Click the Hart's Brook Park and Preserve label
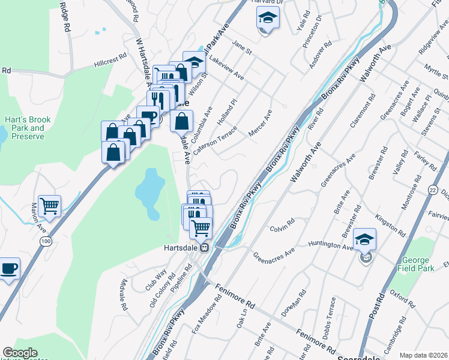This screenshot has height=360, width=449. coord(29,128)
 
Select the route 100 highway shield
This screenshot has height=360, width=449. coord(46,241)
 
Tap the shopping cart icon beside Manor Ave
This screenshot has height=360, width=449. coord(50,206)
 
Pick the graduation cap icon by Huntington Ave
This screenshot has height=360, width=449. coord(364,239)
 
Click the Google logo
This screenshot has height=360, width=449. coord(20,353)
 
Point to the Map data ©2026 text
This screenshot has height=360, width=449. coord(423,355)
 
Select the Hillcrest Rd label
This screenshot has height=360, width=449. coord(110,59)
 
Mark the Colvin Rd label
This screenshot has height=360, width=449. coord(282,225)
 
